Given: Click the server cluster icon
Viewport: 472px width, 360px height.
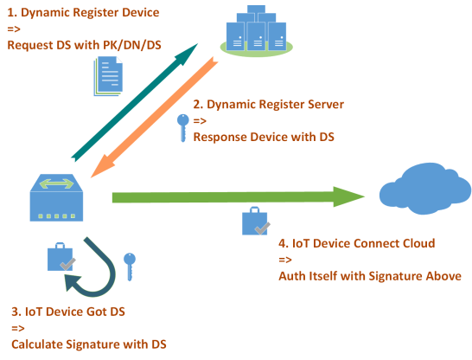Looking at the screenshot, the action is click(x=256, y=31).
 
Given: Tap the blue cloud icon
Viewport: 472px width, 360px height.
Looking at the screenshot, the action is click(x=424, y=189).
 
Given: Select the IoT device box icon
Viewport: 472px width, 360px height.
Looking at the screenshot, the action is click(x=56, y=197).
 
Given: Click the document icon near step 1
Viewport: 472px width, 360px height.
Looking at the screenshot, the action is click(x=108, y=76).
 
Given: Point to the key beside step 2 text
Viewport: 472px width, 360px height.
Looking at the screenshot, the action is click(x=182, y=128).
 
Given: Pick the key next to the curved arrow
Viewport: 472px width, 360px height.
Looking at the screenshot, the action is click(x=130, y=267).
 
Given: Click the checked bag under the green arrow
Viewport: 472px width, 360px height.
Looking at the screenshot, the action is click(x=256, y=222).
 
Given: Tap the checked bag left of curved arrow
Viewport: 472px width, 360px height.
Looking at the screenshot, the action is click(x=61, y=256).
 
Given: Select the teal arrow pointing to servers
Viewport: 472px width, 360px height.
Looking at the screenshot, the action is click(x=134, y=102).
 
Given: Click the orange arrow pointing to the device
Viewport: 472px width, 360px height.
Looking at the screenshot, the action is click(x=154, y=117).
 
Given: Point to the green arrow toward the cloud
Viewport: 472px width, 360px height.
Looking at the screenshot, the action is click(x=239, y=197).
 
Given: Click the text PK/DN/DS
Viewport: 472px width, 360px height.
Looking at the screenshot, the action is click(x=132, y=45).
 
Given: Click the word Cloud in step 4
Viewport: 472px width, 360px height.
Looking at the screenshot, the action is click(x=419, y=243).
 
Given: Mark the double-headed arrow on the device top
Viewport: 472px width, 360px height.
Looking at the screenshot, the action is click(x=56, y=183).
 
